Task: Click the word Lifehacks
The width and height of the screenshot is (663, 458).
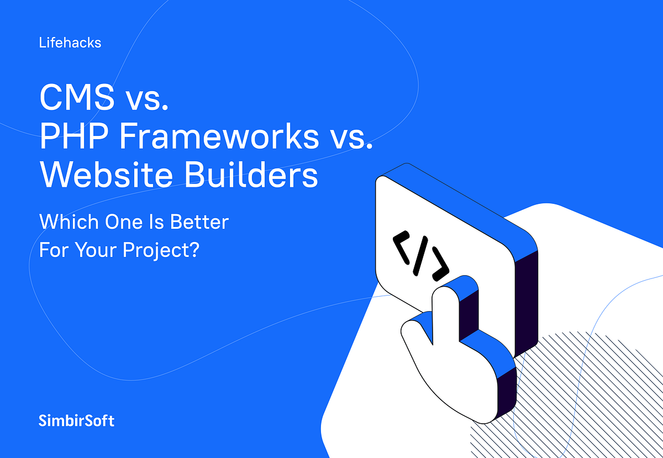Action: tap(70, 43)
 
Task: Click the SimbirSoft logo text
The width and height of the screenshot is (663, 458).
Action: tap(77, 420)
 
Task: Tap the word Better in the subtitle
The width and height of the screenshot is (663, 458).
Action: tap(199, 222)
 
